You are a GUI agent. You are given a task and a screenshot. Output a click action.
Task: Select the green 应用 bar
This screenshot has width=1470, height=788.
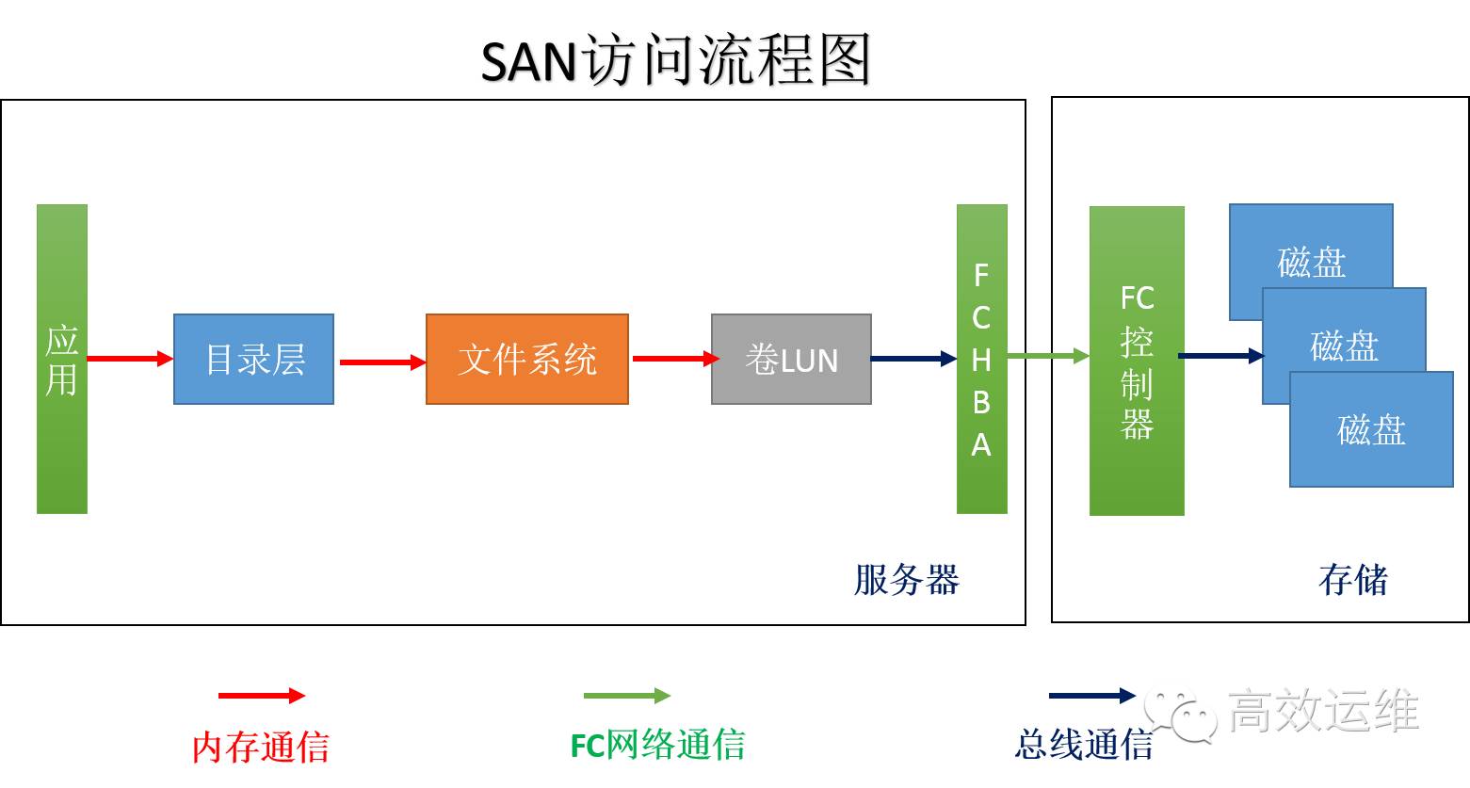pyautogui.click(x=62, y=359)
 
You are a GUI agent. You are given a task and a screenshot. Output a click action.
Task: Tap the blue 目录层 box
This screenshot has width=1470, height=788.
pyautogui.click(x=253, y=360)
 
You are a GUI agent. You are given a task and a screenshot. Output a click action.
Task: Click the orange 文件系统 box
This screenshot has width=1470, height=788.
pyautogui.click(x=526, y=360)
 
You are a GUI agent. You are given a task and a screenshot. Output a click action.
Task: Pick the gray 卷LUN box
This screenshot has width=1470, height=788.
pyautogui.click(x=791, y=360)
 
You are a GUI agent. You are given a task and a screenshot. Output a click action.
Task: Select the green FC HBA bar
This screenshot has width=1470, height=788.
pyautogui.click(x=981, y=359)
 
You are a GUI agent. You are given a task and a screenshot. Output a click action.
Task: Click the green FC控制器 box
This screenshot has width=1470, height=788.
pyautogui.click(x=1136, y=361)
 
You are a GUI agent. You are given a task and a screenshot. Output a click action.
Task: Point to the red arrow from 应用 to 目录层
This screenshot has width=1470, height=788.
pyautogui.click(x=130, y=359)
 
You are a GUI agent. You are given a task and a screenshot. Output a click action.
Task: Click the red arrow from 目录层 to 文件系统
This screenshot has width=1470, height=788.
pyautogui.click(x=381, y=362)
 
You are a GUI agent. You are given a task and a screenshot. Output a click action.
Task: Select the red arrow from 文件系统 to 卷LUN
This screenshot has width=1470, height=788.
pyautogui.click(x=674, y=359)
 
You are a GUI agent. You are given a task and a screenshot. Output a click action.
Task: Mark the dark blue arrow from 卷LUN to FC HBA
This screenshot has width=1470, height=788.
pyautogui.click(x=913, y=359)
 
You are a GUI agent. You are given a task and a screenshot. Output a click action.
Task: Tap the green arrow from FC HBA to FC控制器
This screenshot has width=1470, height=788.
pyautogui.click(x=1047, y=356)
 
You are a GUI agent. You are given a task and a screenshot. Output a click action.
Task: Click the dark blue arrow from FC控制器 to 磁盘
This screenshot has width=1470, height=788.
pyautogui.click(x=1220, y=356)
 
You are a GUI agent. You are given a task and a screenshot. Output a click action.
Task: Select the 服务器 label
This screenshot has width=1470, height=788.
pyautogui.click(x=906, y=580)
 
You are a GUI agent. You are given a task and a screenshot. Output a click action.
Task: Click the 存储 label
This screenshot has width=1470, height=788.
pyautogui.click(x=1352, y=580)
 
